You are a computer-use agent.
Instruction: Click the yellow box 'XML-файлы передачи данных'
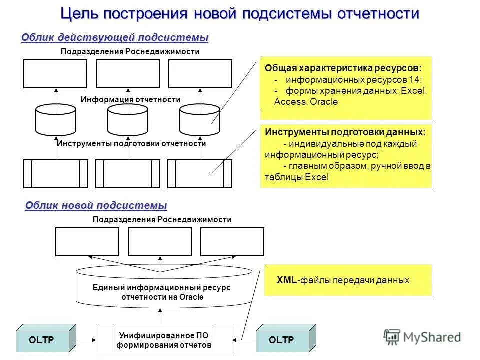point(348,280)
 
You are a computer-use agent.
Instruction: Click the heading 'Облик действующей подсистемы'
point(114,38)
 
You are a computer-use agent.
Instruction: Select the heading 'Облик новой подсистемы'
point(96,205)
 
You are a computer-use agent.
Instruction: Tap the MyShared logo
point(422,337)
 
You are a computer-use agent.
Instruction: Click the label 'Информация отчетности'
point(130,100)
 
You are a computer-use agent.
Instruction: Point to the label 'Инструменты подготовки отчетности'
point(131,144)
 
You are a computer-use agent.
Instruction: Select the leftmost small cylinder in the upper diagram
point(56,120)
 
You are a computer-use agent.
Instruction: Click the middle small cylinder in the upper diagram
point(128,120)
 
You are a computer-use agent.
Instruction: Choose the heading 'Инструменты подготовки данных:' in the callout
point(345,132)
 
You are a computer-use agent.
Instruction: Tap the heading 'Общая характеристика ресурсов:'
point(343,68)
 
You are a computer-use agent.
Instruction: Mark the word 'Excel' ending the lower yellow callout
point(317,177)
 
